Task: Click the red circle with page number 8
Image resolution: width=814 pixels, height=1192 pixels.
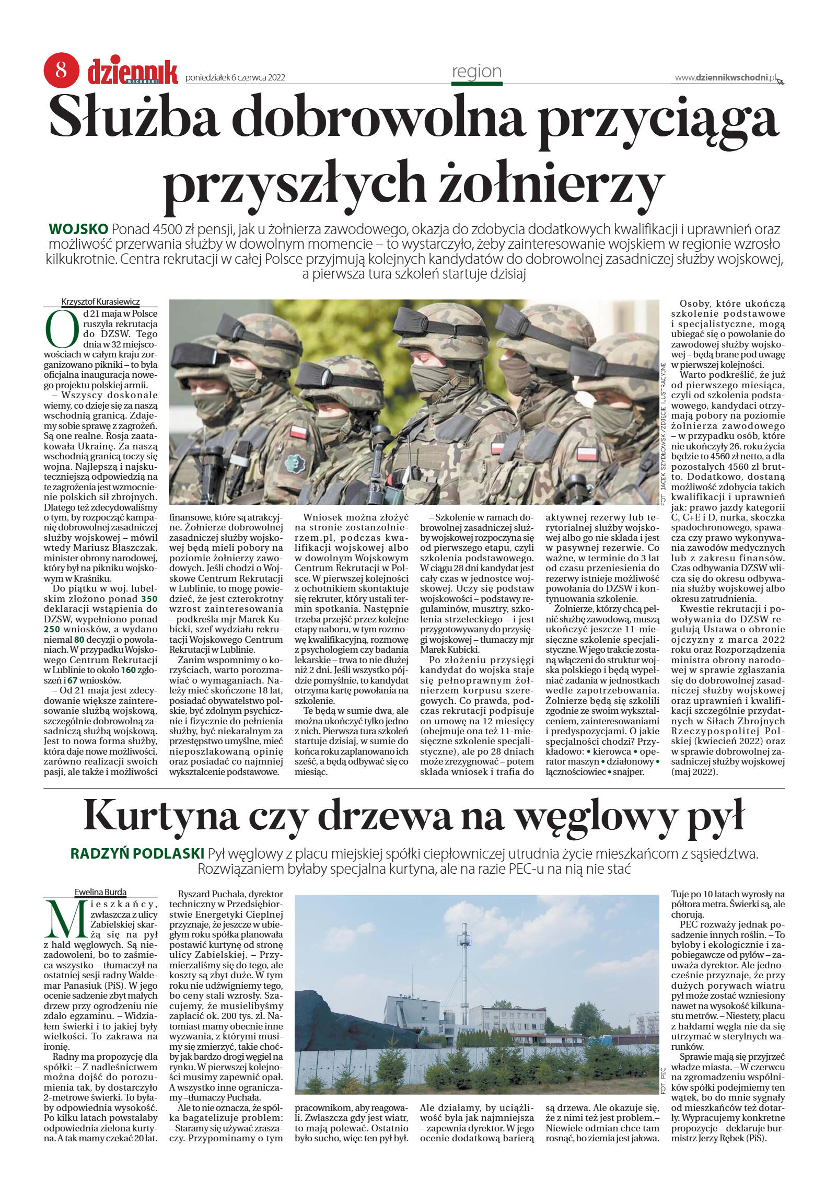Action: [61, 70]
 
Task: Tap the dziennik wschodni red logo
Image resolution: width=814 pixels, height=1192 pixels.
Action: [133, 72]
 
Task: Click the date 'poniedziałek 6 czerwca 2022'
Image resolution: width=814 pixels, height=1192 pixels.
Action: [235, 78]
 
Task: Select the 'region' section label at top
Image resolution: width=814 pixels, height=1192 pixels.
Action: [476, 72]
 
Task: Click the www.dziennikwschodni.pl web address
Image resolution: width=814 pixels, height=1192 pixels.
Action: [726, 78]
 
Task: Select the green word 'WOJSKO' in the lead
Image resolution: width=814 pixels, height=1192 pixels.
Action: [78, 229]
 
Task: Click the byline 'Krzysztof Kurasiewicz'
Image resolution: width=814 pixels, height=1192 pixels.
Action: [101, 302]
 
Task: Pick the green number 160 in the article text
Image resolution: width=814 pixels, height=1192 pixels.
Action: [128, 670]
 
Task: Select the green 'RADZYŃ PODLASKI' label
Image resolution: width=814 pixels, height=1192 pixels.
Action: [137, 854]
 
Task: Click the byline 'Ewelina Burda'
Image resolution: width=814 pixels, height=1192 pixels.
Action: [101, 892]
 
